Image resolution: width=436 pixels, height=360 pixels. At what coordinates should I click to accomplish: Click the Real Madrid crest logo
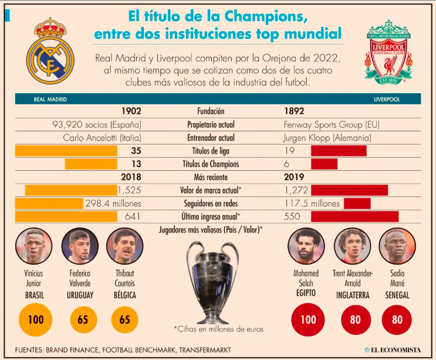point(49,52)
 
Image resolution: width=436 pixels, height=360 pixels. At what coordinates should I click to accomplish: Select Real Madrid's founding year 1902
point(131,111)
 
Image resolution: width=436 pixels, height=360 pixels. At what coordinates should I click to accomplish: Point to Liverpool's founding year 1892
point(294,111)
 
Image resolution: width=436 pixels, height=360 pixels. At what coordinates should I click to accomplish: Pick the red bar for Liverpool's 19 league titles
point(339,151)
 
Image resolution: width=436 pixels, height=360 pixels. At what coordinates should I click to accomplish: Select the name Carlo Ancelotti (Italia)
point(102,138)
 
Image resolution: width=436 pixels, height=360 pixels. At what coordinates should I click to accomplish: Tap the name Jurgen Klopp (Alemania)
point(327,138)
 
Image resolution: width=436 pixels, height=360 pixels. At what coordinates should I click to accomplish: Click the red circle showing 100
point(308,320)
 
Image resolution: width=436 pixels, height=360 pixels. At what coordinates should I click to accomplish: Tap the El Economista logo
point(392,350)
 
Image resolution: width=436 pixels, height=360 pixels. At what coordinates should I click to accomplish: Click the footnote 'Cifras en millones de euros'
point(218,329)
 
